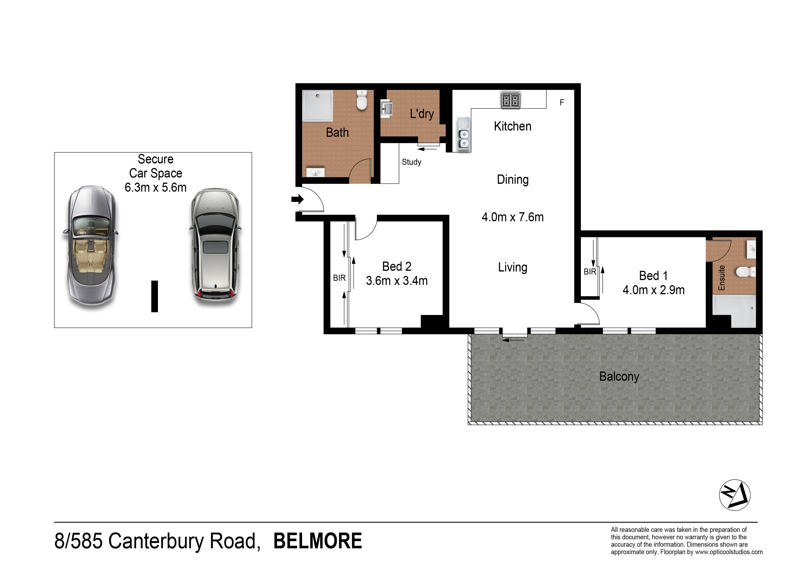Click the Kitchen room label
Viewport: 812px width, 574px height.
[x=512, y=126]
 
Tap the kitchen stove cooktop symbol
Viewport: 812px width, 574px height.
[x=511, y=101]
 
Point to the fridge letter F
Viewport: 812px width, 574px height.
[x=562, y=103]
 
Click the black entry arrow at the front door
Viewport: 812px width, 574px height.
[x=297, y=200]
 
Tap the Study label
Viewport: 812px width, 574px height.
[x=411, y=162]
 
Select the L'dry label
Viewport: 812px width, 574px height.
[x=422, y=114]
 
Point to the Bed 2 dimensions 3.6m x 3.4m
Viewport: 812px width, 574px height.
[x=397, y=281]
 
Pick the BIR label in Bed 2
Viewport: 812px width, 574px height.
[x=339, y=278]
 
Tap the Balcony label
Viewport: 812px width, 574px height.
[x=619, y=377]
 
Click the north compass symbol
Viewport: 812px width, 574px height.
[x=734, y=495]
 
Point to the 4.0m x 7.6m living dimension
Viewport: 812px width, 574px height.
[x=512, y=217]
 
